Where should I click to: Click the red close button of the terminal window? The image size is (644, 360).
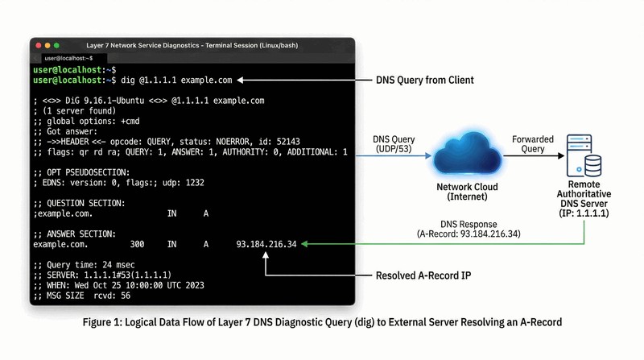[x=37, y=45]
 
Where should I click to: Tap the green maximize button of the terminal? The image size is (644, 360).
[x=56, y=45]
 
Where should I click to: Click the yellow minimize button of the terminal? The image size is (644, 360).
[x=47, y=45]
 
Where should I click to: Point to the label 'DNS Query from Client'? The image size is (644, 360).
[x=425, y=81]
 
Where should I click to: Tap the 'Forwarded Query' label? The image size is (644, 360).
[x=533, y=145]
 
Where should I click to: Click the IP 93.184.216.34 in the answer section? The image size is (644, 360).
[x=266, y=244]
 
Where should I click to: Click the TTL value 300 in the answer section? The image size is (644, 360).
[x=137, y=244]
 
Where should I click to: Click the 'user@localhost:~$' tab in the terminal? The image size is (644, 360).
[x=68, y=58]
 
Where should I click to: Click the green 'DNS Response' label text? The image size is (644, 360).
[x=468, y=224]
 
